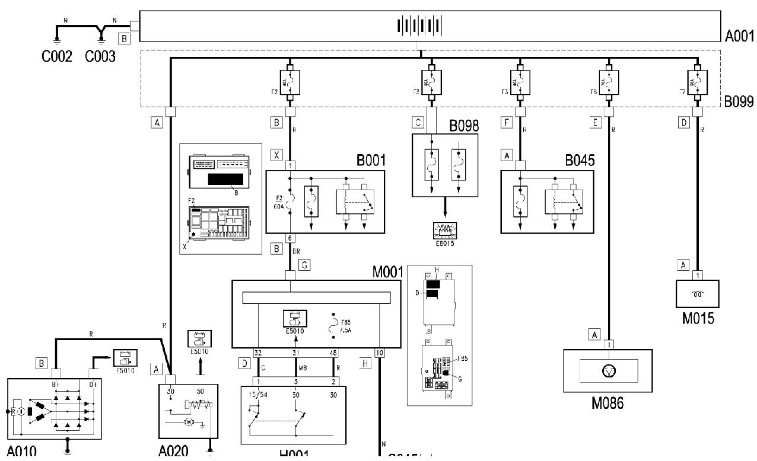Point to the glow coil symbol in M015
[x=698, y=293]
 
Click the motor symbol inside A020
[x=189, y=422]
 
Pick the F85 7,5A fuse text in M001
[x=348, y=327]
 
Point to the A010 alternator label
[x=22, y=452]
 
